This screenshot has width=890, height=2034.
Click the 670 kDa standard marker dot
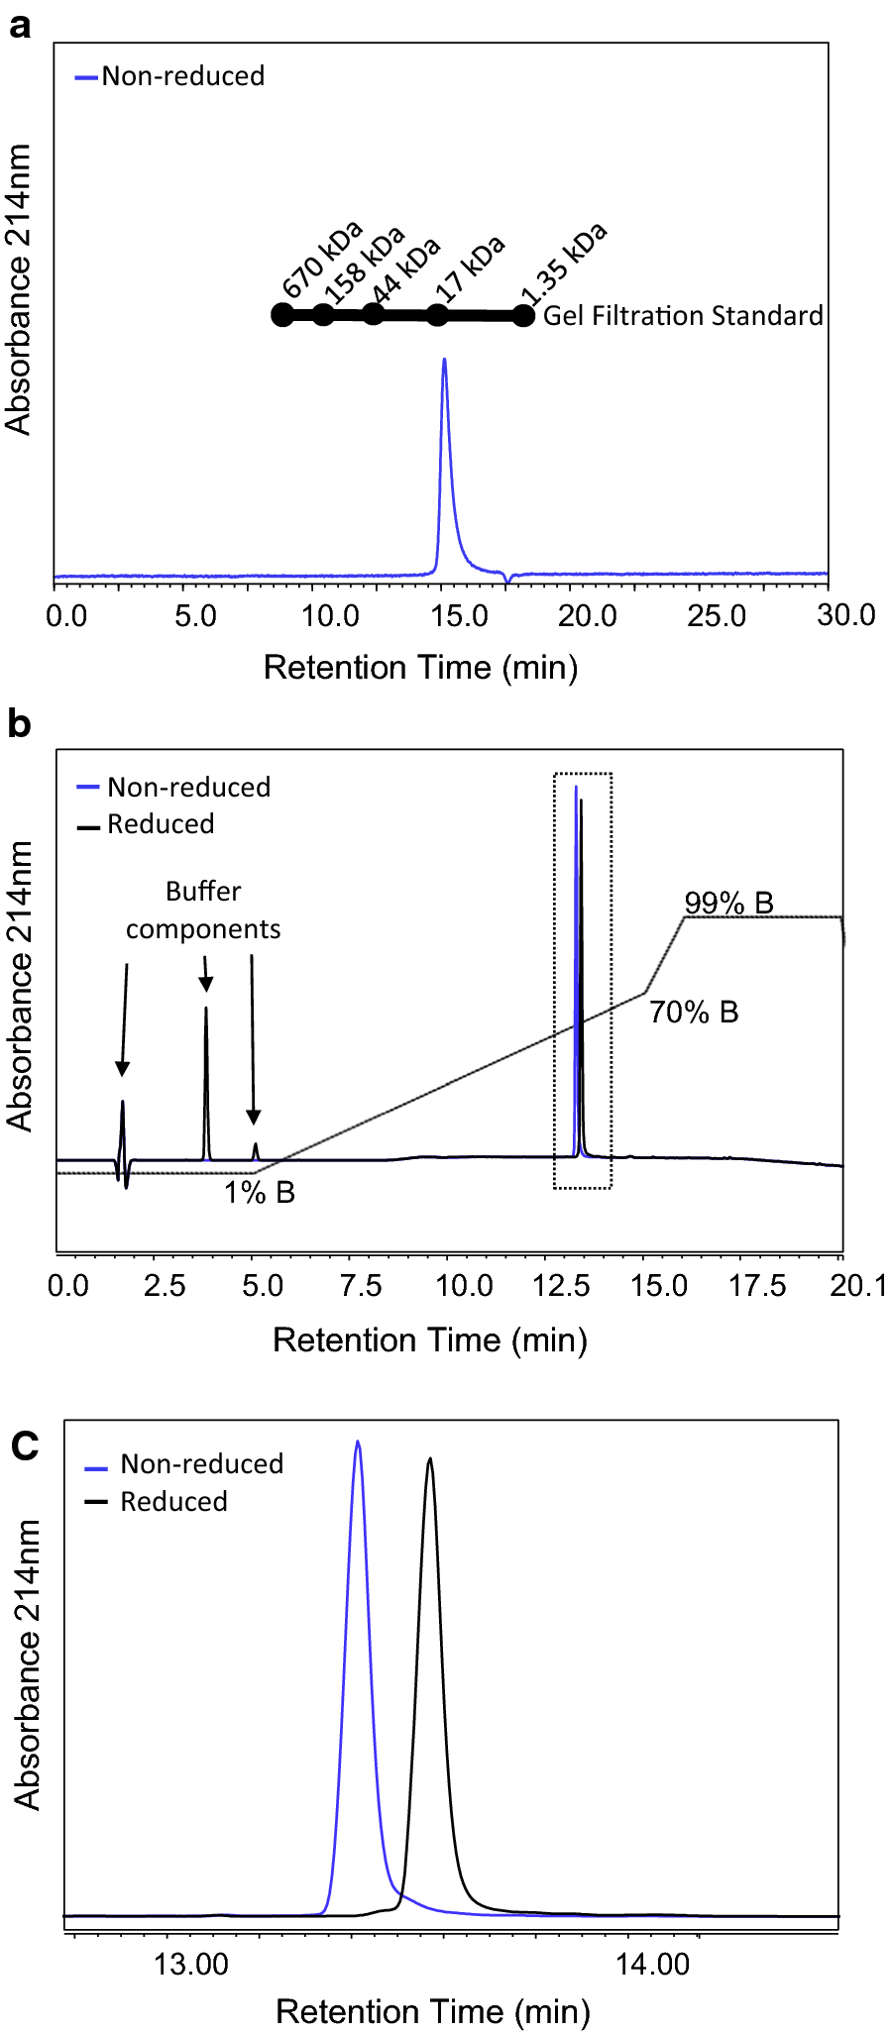pos(282,315)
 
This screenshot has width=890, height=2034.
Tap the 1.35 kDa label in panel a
pos(564,266)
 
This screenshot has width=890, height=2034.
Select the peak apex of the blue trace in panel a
pos(444,361)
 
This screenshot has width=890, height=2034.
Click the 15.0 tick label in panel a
pos(459,616)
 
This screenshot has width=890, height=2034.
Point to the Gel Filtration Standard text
pos(683,316)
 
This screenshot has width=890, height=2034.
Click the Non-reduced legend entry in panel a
pos(182,76)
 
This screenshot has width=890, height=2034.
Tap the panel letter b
pos(19,724)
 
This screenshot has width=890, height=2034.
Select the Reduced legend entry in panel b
pos(160,824)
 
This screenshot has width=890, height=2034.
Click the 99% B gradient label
pos(728,903)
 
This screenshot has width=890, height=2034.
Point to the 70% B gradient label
pos(694,1013)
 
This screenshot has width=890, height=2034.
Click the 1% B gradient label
pos(260,1192)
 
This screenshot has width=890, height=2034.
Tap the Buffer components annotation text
pos(203,910)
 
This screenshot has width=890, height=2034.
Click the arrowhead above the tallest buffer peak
pos(206,983)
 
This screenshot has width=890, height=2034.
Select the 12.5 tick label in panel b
pos(561,1286)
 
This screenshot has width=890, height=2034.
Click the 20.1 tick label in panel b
pos(858,1286)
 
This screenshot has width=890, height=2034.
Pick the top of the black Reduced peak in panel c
pos(429,1459)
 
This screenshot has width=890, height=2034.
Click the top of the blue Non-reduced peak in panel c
pos(358,1444)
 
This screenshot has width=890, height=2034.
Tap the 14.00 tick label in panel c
pos(652,1965)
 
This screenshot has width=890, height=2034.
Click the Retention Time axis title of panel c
pos(433,2011)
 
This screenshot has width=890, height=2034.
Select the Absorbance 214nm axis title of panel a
pos(19,289)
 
